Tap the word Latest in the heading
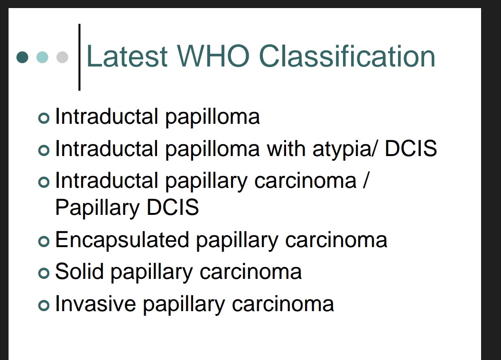click(127, 56)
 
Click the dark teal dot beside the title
click(22, 57)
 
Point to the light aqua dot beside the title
click(42, 57)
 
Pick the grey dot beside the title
click(62, 57)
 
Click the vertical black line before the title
click(79, 57)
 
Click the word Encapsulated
click(122, 240)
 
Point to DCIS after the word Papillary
click(172, 207)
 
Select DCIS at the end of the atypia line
click(410, 148)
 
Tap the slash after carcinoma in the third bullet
click(364, 181)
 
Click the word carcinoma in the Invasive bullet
click(283, 304)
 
